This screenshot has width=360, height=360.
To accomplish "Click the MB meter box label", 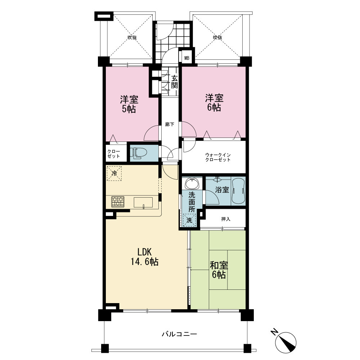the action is pyautogui.click(x=187, y=58).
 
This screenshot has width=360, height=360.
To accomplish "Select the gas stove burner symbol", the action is pyautogui.click(x=118, y=202).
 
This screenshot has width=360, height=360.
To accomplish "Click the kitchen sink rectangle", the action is pyautogui.click(x=143, y=202).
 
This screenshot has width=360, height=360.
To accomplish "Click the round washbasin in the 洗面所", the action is pyautogui.click(x=192, y=184).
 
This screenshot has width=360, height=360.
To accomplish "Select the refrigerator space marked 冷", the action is pyautogui.click(x=114, y=173).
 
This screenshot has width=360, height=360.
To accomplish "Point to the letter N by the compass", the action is pyautogui.click(x=274, y=332).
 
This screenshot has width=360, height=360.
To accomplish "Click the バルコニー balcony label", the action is pyautogui.click(x=180, y=334).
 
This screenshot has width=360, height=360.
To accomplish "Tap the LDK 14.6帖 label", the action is pyautogui.click(x=144, y=257).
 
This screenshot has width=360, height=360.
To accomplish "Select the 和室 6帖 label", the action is pyautogui.click(x=219, y=270).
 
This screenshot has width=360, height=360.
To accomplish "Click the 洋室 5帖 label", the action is pyautogui.click(x=129, y=104).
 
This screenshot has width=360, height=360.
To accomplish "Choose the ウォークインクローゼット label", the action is pyautogui.click(x=218, y=157).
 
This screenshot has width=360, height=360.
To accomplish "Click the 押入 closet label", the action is pyautogui.click(x=226, y=219).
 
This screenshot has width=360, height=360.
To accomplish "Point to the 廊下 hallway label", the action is pyautogui.click(x=170, y=125).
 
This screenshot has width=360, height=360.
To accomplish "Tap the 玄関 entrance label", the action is pyautogui.click(x=175, y=82).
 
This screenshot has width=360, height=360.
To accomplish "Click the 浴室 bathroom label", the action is pyautogui.click(x=222, y=190).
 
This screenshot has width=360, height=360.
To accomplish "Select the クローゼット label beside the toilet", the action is pyautogui.click(x=114, y=154).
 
